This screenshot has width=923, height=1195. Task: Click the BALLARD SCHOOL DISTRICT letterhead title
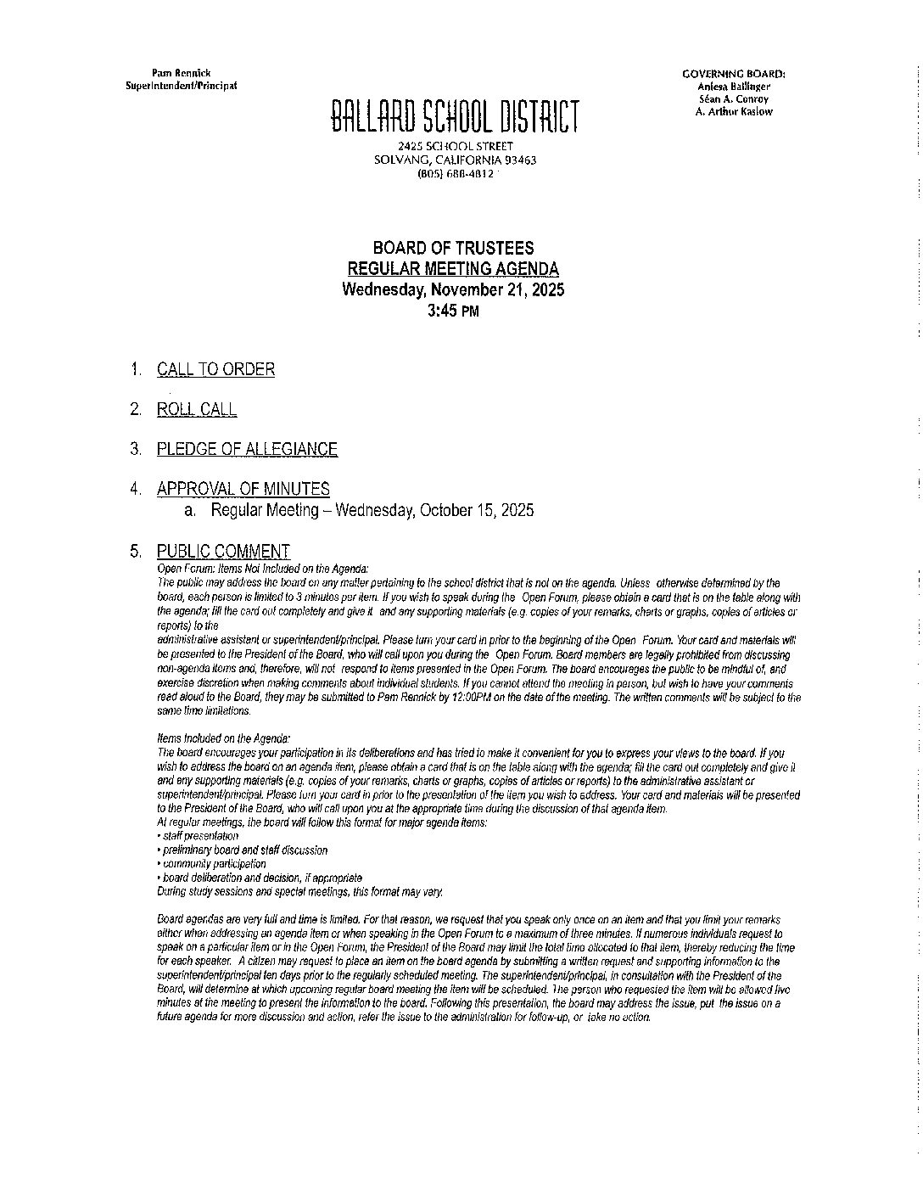[x=455, y=117]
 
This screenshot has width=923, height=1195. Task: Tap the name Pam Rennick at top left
[x=181, y=74]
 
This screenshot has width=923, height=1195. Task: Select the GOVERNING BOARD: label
[x=733, y=74]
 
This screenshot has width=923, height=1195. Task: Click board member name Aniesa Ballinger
[x=733, y=87]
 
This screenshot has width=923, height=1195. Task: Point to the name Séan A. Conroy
[x=733, y=99]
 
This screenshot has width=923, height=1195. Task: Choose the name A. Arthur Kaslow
[x=733, y=111]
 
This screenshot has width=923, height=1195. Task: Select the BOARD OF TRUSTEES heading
[x=454, y=248]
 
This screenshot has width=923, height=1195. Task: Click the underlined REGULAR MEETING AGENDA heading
[x=454, y=269]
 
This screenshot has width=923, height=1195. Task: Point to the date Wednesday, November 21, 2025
[x=453, y=289]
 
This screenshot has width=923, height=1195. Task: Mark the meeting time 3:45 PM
[x=453, y=311]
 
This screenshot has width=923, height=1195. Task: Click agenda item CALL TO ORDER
[x=215, y=369]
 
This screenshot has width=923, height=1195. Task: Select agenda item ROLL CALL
[x=197, y=409]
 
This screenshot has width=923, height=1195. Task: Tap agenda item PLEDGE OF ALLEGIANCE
[x=247, y=449]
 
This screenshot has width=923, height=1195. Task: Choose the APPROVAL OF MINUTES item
[x=243, y=489]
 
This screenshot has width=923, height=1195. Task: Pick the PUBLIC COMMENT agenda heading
[x=223, y=551]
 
